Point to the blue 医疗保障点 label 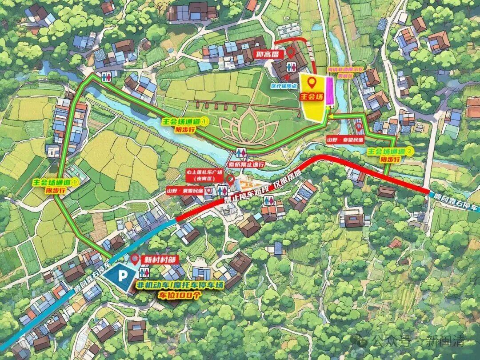point(284,85)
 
